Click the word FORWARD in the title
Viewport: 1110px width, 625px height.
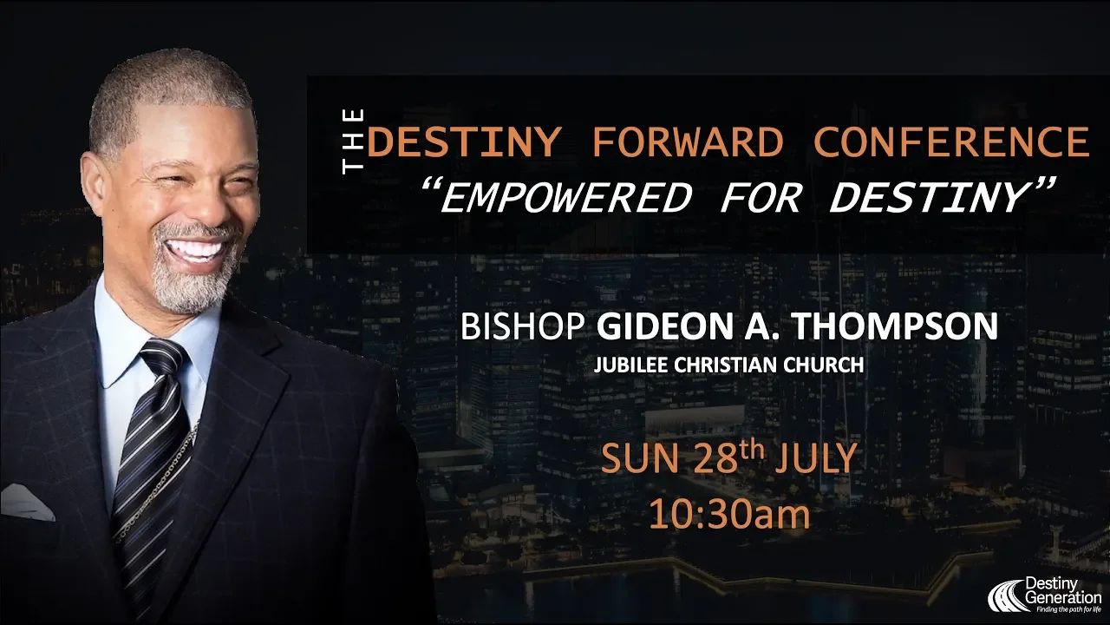pos(688,142)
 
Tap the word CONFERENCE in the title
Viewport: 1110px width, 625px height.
pos(951,142)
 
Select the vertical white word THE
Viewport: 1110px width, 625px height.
pos(353,141)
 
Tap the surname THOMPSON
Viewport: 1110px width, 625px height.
pos(911,326)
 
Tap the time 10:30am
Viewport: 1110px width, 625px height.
pos(729,515)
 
